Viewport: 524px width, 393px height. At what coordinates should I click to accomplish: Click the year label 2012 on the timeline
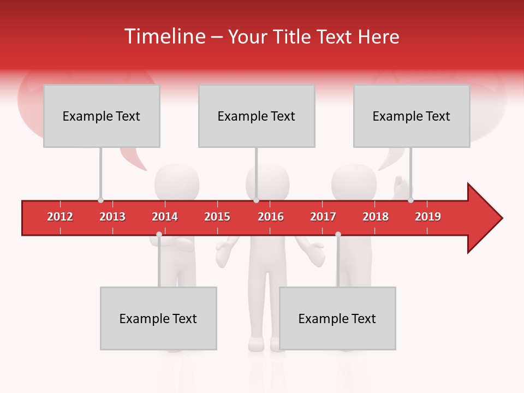(x=60, y=217)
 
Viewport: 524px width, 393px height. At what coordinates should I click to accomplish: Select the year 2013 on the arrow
(x=112, y=217)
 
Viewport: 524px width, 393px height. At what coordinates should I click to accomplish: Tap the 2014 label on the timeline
(x=165, y=217)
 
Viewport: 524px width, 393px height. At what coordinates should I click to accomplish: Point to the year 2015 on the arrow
(x=217, y=217)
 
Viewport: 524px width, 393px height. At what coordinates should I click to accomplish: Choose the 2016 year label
(x=271, y=217)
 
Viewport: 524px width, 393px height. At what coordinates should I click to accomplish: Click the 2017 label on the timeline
(x=323, y=217)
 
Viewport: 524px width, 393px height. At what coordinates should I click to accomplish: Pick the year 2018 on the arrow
(x=376, y=217)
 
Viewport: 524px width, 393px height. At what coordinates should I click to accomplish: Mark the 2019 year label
(x=428, y=217)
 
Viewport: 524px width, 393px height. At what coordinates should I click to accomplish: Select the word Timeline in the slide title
(x=164, y=37)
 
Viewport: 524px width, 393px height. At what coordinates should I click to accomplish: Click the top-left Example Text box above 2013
(x=102, y=116)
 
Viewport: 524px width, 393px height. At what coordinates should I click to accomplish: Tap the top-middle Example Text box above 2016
(x=257, y=116)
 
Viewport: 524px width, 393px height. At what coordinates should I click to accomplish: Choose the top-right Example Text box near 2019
(x=412, y=116)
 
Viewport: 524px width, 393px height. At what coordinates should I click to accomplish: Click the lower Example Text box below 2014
(x=158, y=318)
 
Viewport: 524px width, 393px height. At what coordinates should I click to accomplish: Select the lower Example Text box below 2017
(x=337, y=318)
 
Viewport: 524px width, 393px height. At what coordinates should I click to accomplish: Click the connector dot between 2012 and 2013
(x=100, y=200)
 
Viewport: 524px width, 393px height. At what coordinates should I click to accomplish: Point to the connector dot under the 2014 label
(x=159, y=234)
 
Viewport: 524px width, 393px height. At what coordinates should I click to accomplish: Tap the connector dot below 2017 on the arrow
(x=338, y=234)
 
